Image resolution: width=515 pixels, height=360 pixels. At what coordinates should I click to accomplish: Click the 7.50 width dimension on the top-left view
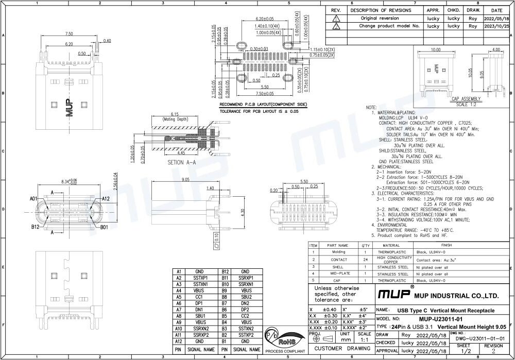(x=68, y=33)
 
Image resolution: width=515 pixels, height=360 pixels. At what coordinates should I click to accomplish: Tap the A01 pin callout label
(x=33, y=198)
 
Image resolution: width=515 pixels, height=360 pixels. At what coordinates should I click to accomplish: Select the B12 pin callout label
(x=35, y=226)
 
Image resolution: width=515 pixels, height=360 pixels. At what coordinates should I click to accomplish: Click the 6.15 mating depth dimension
(x=174, y=114)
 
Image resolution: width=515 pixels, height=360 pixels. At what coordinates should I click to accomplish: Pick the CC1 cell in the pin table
(x=199, y=297)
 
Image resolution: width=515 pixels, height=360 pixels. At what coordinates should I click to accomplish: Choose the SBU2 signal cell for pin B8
(x=245, y=297)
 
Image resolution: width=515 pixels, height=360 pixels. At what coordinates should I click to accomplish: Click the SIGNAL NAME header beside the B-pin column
(x=245, y=349)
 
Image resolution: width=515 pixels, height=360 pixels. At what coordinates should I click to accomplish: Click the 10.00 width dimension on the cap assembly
(x=436, y=49)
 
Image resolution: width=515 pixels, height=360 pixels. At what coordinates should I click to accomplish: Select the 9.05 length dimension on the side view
(x=186, y=180)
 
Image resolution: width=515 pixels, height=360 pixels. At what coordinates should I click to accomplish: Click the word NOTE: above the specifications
(x=371, y=107)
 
